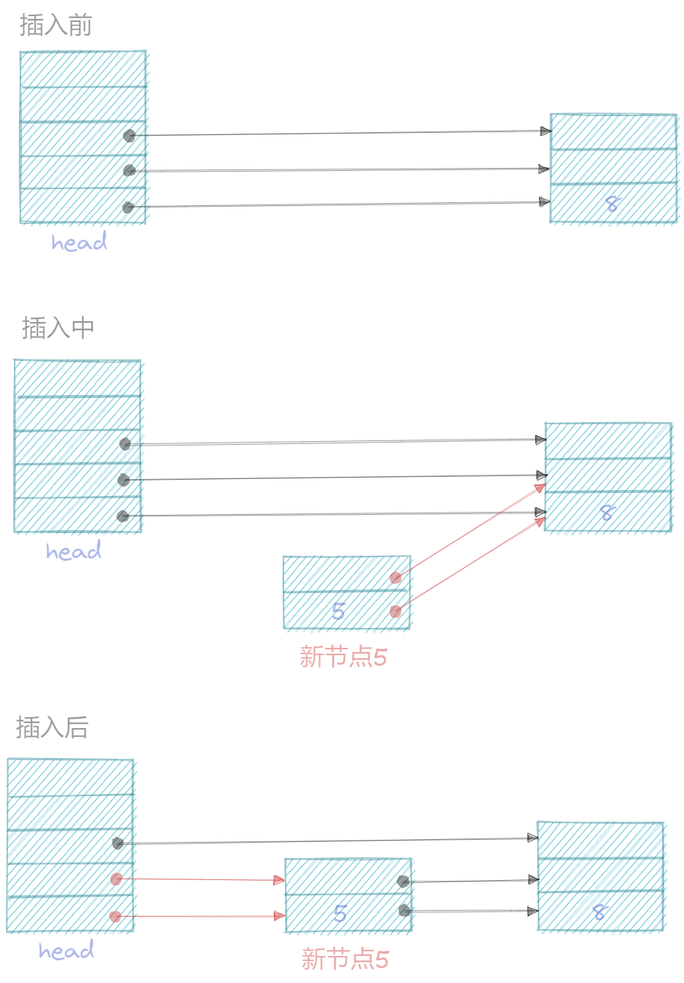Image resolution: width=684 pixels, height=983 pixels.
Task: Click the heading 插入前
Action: [56, 26]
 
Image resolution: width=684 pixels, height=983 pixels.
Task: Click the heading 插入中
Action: [58, 328]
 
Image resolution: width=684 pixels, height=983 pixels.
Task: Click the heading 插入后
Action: [52, 727]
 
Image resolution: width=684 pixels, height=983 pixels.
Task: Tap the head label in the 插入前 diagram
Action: [79, 242]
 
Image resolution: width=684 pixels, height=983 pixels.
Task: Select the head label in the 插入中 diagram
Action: [73, 551]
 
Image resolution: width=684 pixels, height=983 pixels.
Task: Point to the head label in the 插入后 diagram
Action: [66, 950]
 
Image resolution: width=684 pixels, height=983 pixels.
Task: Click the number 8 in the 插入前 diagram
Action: [612, 204]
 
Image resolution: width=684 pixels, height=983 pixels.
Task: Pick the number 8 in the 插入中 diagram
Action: [607, 513]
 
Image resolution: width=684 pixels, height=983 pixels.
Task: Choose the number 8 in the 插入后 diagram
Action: [600, 911]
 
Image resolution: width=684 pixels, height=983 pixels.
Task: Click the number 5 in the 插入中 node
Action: [338, 611]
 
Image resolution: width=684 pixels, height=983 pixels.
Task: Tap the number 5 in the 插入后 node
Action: [340, 913]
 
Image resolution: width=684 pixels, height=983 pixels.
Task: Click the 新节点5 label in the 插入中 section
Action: [343, 657]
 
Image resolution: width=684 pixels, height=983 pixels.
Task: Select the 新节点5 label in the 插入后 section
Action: [345, 959]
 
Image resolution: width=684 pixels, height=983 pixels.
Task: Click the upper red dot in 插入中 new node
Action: [395, 578]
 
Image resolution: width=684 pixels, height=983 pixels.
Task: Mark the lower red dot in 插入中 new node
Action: [395, 611]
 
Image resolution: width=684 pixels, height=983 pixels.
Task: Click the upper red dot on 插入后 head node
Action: [116, 879]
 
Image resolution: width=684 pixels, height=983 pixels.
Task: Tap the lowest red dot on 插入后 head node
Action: [115, 916]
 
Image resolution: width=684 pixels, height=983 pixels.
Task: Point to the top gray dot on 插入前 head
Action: [129, 136]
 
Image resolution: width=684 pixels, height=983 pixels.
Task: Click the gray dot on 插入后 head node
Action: [118, 843]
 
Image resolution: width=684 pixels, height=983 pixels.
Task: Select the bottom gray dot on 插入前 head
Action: [128, 207]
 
